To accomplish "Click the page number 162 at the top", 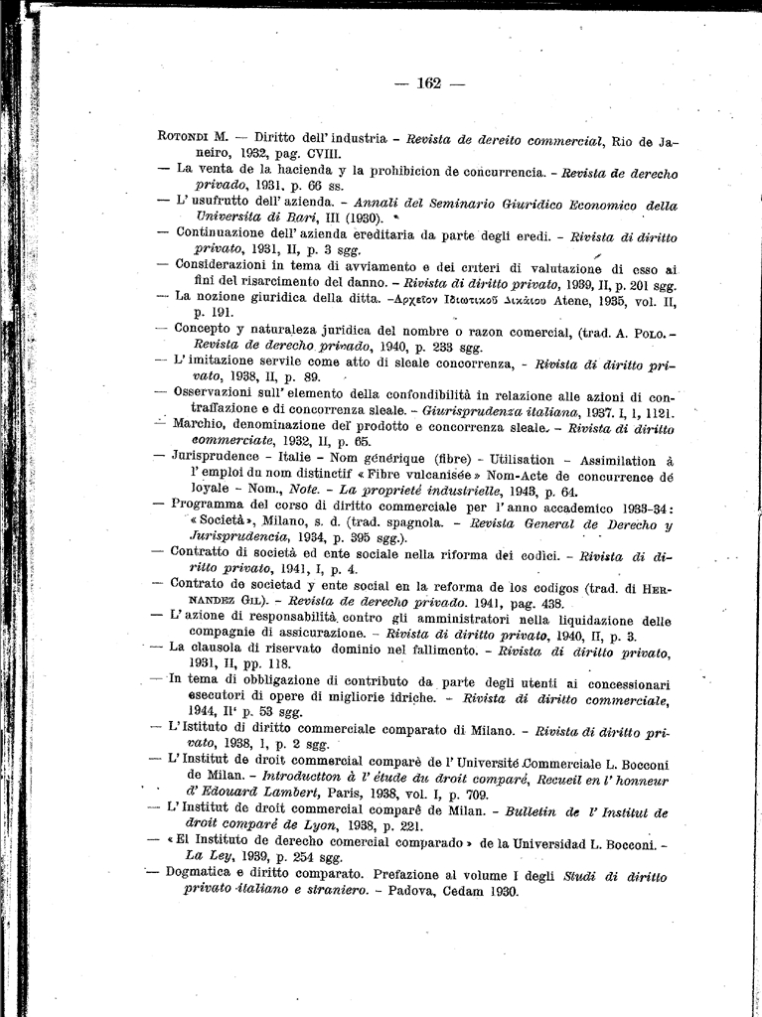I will click(x=429, y=83).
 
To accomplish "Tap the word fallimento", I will click(x=398, y=652).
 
